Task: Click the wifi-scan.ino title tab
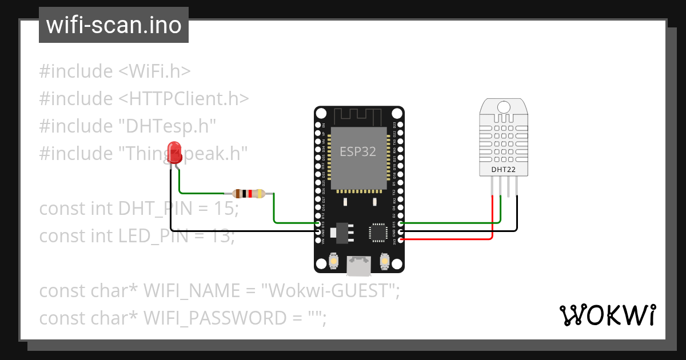click(113, 25)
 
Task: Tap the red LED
click(174, 153)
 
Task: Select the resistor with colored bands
click(249, 194)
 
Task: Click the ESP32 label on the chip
click(358, 151)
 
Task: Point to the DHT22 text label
click(504, 170)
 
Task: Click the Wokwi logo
click(607, 315)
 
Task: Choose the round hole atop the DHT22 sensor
click(504, 107)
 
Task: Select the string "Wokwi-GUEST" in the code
click(329, 291)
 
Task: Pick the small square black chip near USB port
click(377, 232)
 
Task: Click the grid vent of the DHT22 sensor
click(504, 140)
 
